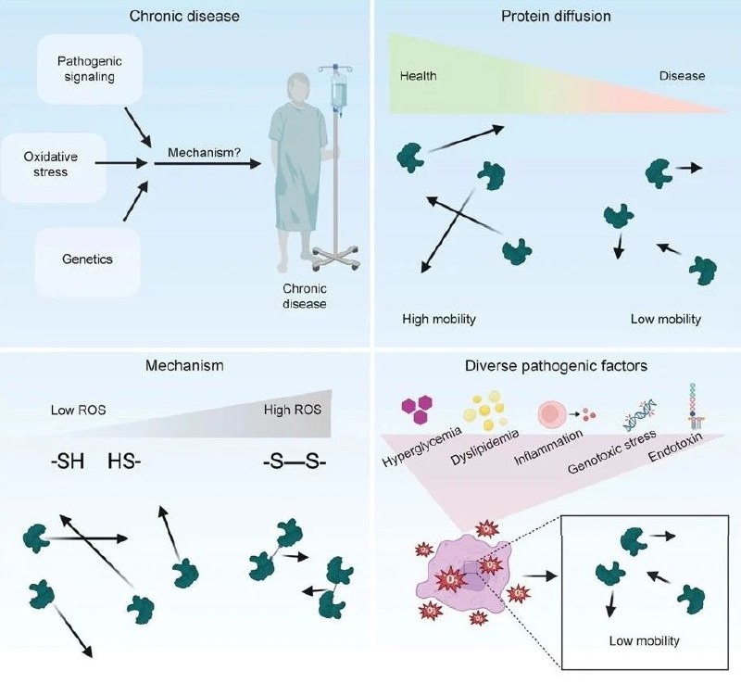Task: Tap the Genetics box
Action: coord(88,259)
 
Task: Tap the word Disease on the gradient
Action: coord(682,75)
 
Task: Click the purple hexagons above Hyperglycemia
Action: coord(417,405)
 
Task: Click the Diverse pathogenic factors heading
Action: coord(556,366)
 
